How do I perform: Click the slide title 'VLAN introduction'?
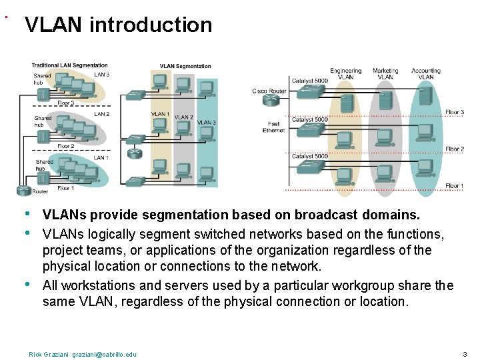(x=118, y=25)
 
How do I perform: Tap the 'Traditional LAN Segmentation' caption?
(x=69, y=65)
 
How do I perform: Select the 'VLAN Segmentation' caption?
(x=185, y=66)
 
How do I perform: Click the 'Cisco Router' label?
(x=269, y=91)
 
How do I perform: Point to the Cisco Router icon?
(x=271, y=101)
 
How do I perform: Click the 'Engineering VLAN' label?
(x=345, y=73)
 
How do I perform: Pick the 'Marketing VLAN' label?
(x=385, y=73)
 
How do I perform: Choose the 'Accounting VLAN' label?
(x=426, y=73)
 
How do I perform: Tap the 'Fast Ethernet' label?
(x=274, y=127)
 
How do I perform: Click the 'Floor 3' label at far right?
(x=454, y=112)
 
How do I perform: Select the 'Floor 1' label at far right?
(x=454, y=185)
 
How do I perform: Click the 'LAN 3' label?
(x=101, y=75)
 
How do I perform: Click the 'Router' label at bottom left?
(x=40, y=191)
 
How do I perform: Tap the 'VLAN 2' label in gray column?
(x=183, y=117)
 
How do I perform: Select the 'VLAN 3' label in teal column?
(x=206, y=123)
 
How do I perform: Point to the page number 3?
(x=464, y=354)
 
